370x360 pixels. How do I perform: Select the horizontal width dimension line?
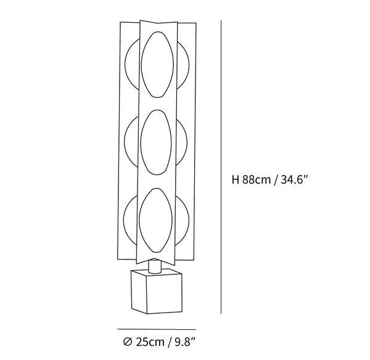point(157,329)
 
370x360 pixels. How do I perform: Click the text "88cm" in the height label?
point(257,180)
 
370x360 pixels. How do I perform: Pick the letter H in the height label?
point(236,180)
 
